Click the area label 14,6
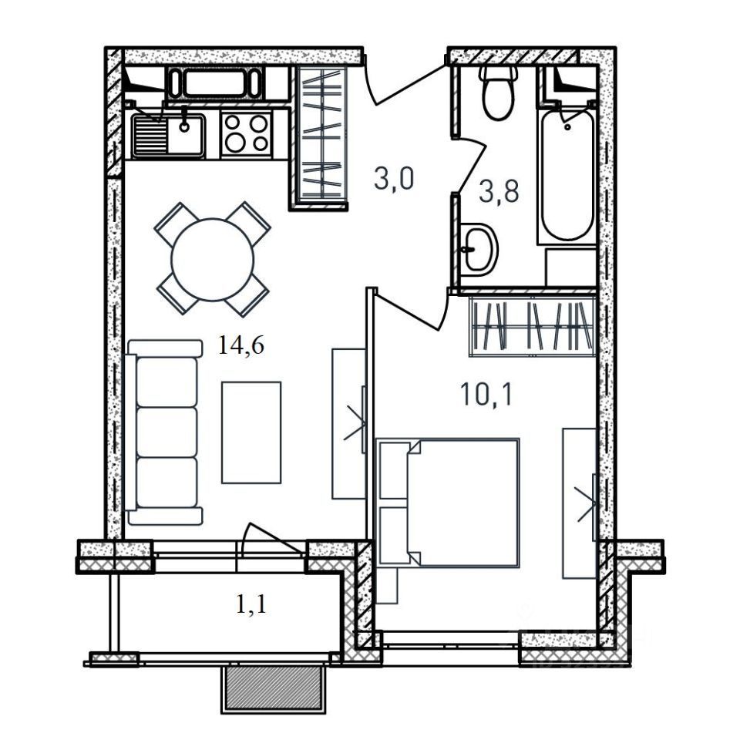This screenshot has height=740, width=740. (x=240, y=345)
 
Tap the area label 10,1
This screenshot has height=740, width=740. (x=486, y=395)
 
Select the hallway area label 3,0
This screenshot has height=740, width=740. (x=394, y=179)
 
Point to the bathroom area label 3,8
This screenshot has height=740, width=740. (x=499, y=192)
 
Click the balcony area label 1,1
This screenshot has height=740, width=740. (x=251, y=604)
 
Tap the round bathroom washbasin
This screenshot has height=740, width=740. (x=478, y=250)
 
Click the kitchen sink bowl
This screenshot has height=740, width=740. (x=186, y=134)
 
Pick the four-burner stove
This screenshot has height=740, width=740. (x=246, y=134)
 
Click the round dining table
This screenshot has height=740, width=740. (x=213, y=260)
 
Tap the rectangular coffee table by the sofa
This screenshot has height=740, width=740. (x=251, y=432)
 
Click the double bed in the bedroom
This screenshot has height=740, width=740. (x=449, y=502)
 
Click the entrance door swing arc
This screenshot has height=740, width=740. (x=406, y=86)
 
